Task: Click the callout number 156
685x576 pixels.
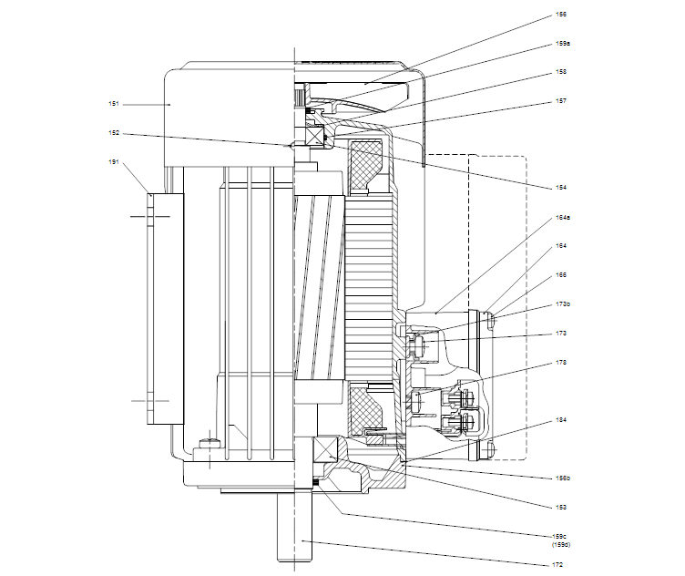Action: tap(561, 15)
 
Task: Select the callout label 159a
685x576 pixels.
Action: tap(563, 43)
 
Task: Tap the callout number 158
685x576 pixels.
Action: tap(561, 72)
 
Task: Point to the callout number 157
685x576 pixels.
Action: tap(561, 101)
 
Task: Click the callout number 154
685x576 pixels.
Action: tap(561, 188)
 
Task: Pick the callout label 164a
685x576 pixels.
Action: tap(563, 219)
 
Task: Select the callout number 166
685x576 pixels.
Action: tap(561, 273)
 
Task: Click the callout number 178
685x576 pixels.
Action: tap(561, 362)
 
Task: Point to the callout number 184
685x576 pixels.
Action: tap(561, 420)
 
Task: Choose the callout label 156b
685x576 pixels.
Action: tap(563, 477)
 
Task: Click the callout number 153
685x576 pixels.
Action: tap(561, 507)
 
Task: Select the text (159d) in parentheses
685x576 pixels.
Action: tap(563, 545)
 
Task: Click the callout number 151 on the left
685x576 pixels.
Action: tap(114, 105)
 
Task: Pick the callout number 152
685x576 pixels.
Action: tap(114, 134)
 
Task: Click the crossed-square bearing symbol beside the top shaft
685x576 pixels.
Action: tap(316, 137)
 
